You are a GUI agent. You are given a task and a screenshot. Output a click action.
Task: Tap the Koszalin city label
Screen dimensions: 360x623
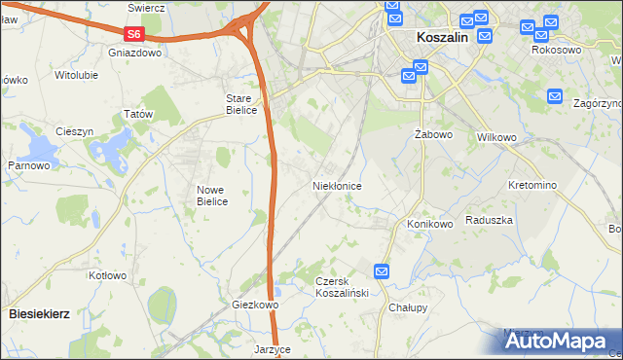coord(442,36)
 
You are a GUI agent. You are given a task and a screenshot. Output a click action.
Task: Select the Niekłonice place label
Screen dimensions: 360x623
coord(337,185)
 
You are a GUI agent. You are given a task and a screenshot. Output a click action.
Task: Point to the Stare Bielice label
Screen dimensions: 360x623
coord(241,104)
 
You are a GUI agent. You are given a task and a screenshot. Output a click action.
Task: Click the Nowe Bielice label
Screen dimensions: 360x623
coord(211,196)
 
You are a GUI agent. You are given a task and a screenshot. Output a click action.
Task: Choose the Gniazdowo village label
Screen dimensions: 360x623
coord(135,54)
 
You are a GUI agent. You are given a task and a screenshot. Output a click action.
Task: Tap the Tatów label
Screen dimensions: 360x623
coord(138,115)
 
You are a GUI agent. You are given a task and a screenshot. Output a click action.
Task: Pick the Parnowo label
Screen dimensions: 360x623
coord(29,165)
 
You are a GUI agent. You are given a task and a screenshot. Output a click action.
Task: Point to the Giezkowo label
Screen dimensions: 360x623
coord(256,305)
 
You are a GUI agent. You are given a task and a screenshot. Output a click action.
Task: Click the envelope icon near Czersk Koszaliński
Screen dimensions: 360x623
coord(383,272)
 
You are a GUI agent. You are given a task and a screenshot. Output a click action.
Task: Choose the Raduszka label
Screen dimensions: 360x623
coord(489,221)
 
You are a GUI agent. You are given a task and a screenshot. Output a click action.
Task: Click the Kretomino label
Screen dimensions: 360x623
coord(532,185)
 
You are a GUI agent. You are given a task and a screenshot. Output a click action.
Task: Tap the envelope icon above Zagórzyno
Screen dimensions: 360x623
coord(555,96)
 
